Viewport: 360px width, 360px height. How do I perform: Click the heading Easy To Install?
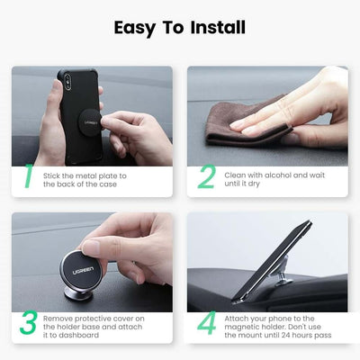click(x=180, y=27)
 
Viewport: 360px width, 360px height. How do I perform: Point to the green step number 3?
click(x=28, y=323)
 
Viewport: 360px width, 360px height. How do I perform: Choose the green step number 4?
click(x=206, y=323)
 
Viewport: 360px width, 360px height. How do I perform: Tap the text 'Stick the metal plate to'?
click(x=85, y=175)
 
